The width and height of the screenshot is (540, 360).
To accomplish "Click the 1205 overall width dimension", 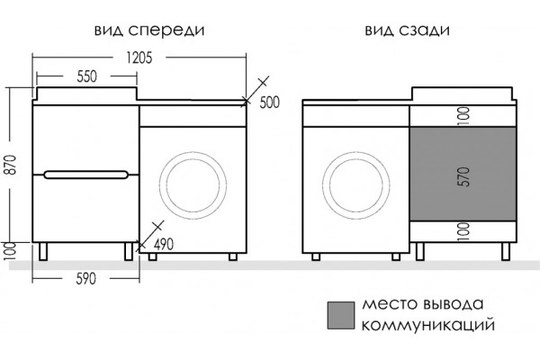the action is pyautogui.click(x=139, y=58).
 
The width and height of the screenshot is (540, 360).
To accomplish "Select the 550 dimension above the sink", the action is pyautogui.click(x=86, y=76).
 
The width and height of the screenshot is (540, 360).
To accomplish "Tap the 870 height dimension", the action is pyautogui.click(x=12, y=165).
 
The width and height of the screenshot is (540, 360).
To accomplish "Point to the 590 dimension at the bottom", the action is pyautogui.click(x=85, y=279).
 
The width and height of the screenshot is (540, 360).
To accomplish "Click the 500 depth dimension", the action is pyautogui.click(x=270, y=103).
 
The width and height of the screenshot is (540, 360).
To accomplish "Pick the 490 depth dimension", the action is pyautogui.click(x=164, y=245).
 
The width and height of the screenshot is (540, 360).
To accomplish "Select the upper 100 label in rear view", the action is pyautogui.click(x=464, y=116).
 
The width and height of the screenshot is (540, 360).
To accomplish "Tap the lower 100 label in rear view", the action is pyautogui.click(x=464, y=231).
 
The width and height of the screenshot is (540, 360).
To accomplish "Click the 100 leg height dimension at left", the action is pyautogui.click(x=11, y=251).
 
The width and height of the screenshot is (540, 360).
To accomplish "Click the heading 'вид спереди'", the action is pyautogui.click(x=149, y=31).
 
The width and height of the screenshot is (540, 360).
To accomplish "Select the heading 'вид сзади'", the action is pyautogui.click(x=407, y=31).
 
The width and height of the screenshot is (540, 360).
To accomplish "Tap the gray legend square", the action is pyautogui.click(x=340, y=315).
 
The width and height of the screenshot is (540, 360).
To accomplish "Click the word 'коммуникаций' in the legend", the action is pyautogui.click(x=428, y=325).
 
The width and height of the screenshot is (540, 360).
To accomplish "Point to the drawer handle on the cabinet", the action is pyautogui.click(x=86, y=175).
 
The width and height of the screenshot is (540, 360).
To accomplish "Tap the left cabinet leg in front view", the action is pyautogui.click(x=42, y=251).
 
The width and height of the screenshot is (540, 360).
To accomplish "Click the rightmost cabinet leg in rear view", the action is pyautogui.click(x=506, y=251).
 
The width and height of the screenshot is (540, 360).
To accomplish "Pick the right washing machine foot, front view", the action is pyautogui.click(x=233, y=256).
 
